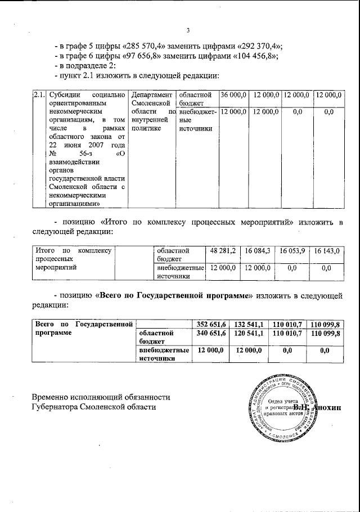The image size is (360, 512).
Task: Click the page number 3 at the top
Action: tap(188, 30)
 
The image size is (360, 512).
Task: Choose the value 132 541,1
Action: tap(250, 324)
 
